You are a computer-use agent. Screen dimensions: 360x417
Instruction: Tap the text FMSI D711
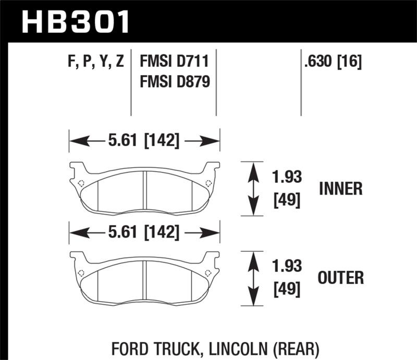[x=174, y=63]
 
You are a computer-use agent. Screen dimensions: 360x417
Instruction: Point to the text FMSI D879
[x=174, y=81]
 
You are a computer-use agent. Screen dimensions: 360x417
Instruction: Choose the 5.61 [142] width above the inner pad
[x=144, y=141]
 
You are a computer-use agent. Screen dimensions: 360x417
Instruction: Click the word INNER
[x=341, y=189]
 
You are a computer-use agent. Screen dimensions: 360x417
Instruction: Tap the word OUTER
[x=341, y=278]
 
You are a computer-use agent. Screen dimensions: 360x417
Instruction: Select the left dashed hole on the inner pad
[x=81, y=183]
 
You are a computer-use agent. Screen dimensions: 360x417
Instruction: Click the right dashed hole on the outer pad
[x=208, y=272]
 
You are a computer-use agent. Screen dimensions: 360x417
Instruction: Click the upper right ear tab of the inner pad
[x=212, y=168]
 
